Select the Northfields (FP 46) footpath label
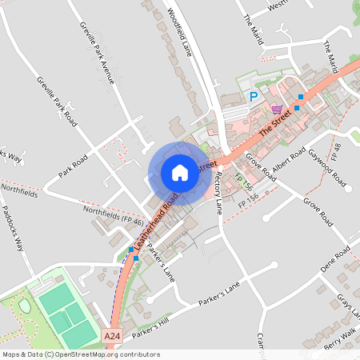(114, 212)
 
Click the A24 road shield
(114, 340)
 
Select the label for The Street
(274, 123)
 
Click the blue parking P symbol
(254, 97)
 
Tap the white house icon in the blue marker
(179, 173)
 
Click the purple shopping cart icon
(277, 109)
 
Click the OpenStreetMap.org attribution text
(105, 354)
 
